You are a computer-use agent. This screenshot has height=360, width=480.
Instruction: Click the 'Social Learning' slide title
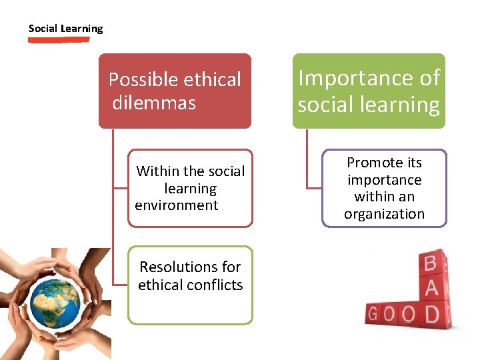click(65, 29)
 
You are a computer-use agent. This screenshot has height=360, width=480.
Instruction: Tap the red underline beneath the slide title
click(59, 40)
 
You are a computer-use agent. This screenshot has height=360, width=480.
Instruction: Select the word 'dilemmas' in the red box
click(154, 103)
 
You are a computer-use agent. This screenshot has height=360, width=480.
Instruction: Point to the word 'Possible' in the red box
click(138, 80)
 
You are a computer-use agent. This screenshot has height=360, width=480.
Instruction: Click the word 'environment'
click(177, 205)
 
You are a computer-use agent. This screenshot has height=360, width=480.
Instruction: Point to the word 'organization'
click(384, 214)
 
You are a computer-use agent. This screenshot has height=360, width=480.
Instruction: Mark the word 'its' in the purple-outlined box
click(414, 163)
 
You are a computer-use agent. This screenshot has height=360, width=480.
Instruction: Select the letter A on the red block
click(431, 289)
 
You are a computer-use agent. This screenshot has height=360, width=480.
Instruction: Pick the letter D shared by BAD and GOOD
click(432, 313)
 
